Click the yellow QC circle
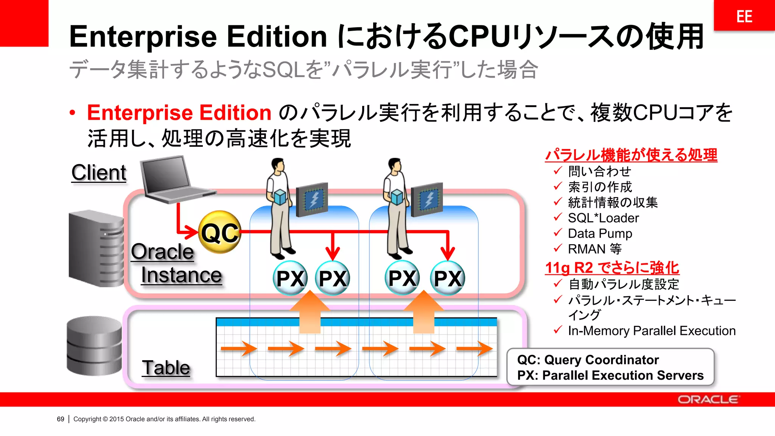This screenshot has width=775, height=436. point(220,232)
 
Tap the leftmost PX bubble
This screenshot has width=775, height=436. point(290,278)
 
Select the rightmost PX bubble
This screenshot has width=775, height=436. point(448,278)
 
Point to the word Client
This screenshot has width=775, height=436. point(99,173)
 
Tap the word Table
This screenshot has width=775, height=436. point(166,367)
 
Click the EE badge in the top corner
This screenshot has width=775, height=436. point(744,16)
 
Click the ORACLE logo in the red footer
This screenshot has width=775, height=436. point(708,400)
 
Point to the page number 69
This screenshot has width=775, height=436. point(61,419)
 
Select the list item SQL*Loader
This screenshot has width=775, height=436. point(603,218)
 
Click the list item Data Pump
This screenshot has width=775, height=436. point(600,234)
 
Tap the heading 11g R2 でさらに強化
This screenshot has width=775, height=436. point(612,268)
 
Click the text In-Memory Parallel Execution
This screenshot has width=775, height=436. point(652,331)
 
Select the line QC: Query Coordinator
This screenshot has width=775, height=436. point(588,360)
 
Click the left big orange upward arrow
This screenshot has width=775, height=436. point(310,312)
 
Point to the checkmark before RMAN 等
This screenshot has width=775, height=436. point(557,248)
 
